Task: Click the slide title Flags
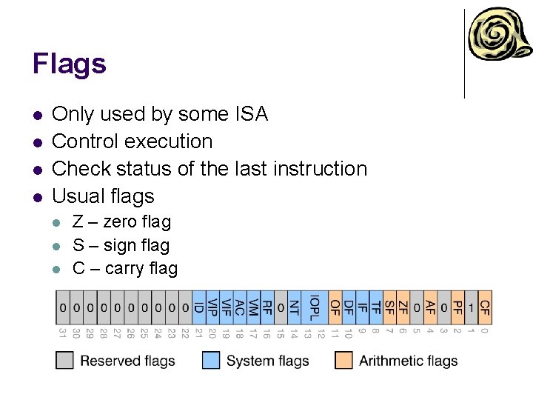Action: [69, 64]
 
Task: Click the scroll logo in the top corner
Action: [499, 36]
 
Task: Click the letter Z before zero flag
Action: [78, 222]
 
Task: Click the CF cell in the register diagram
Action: [485, 307]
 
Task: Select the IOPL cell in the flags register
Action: [314, 307]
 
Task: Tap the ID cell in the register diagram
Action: [198, 307]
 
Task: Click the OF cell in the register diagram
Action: [335, 307]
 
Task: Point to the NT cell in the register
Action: [294, 307]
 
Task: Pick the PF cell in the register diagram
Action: [457, 307]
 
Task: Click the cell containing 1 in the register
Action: [471, 307]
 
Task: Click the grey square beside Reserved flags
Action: [65, 361]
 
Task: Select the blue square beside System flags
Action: [211, 361]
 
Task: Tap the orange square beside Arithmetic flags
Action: [343, 361]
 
